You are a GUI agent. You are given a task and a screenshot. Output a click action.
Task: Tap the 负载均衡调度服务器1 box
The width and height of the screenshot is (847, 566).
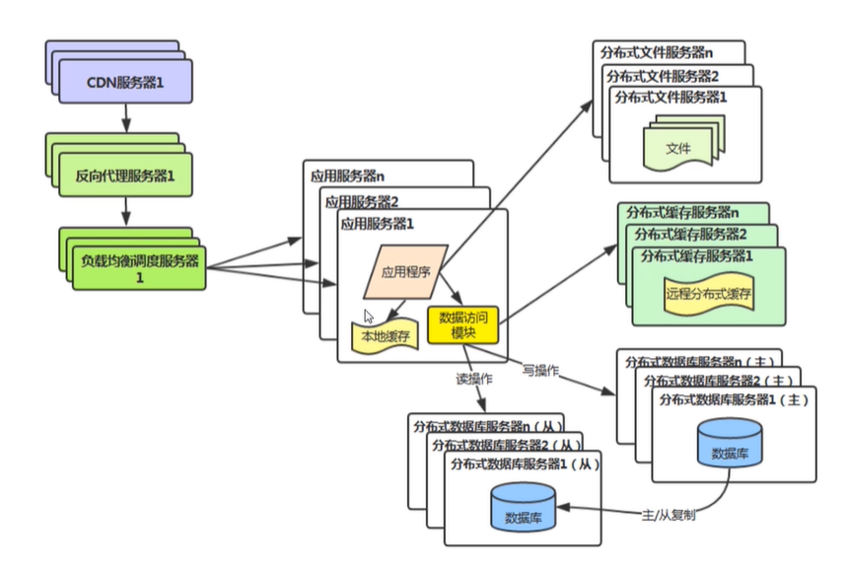[139, 266]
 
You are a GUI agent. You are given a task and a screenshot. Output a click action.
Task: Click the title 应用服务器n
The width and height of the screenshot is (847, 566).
[345, 177]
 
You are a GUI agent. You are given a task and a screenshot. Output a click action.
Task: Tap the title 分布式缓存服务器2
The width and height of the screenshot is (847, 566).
[689, 234]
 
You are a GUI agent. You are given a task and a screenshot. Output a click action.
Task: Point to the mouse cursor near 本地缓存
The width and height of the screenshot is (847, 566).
[369, 318]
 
